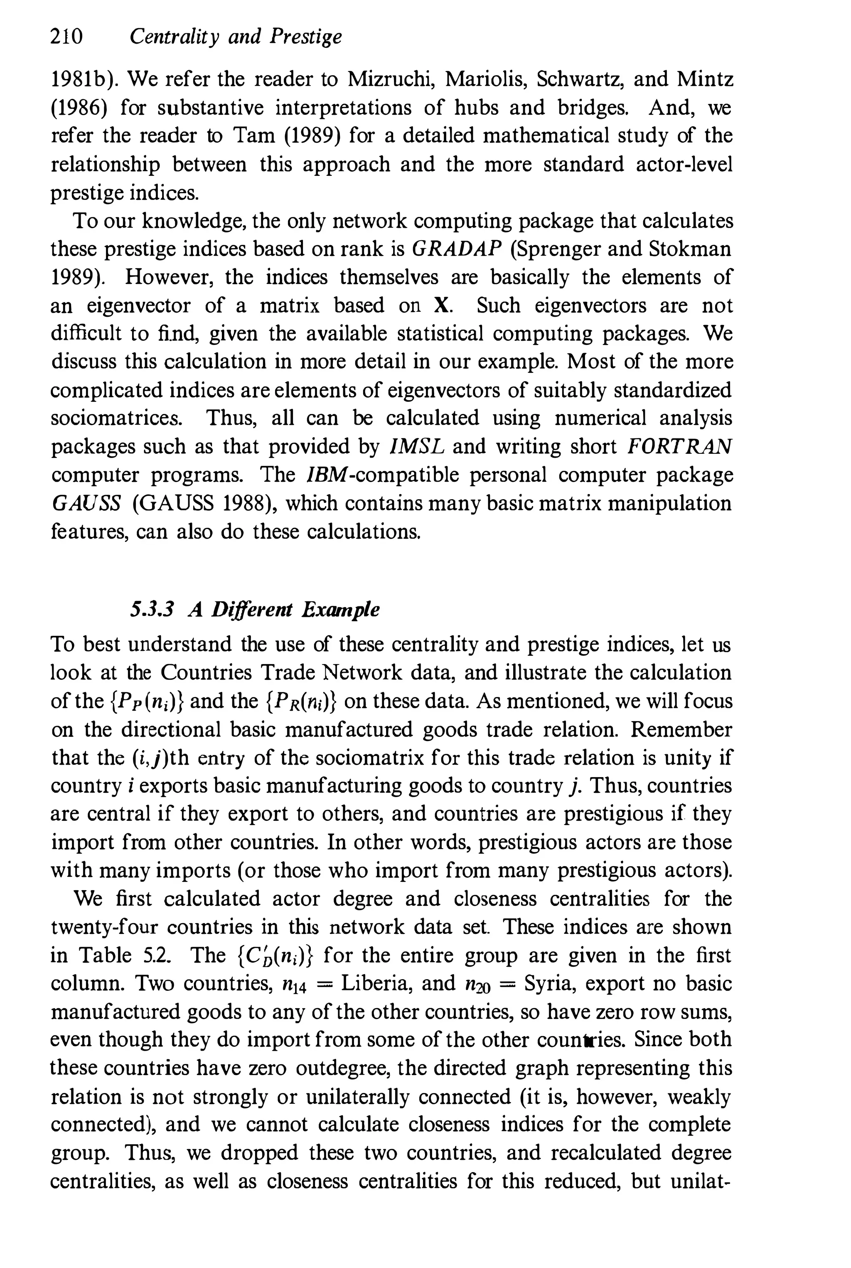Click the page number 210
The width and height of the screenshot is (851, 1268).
(x=66, y=37)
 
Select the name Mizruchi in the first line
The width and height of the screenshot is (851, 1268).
(x=389, y=80)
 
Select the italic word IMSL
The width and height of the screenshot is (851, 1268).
(x=417, y=447)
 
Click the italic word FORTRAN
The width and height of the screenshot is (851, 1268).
(x=679, y=447)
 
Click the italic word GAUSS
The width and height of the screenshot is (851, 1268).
(x=86, y=503)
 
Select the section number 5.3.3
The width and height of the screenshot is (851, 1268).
(x=151, y=610)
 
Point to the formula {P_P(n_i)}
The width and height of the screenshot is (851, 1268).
(x=143, y=701)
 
